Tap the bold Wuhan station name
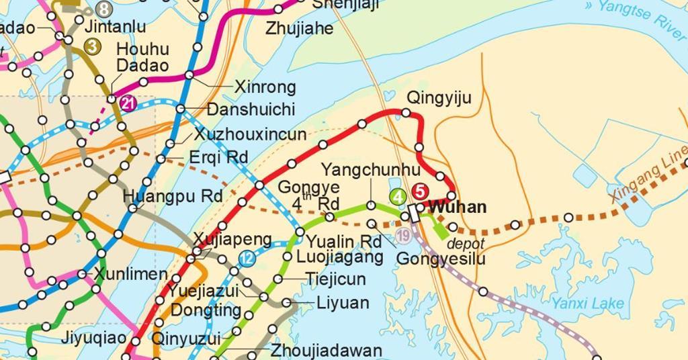458,208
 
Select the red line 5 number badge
421,191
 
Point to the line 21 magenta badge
128,103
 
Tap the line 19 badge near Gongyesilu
403,236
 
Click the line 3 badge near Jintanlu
93,47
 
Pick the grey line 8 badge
103,9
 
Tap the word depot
465,243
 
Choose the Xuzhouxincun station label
250,134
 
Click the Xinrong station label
265,87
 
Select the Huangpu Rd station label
173,197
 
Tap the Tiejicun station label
335,279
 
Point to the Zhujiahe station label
299,29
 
